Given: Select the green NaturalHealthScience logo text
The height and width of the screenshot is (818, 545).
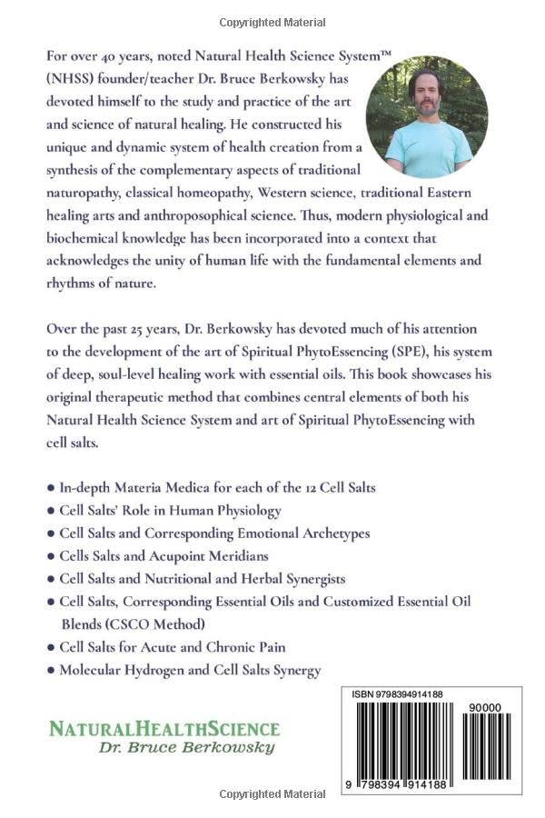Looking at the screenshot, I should (164, 728).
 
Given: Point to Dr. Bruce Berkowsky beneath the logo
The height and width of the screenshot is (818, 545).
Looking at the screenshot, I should (186, 747).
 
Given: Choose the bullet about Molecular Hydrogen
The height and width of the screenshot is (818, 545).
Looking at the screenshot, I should (183, 670).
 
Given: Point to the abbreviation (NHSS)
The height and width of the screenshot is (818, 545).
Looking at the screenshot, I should (63, 78).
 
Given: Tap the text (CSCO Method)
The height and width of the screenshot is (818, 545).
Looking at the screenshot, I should (158, 623).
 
